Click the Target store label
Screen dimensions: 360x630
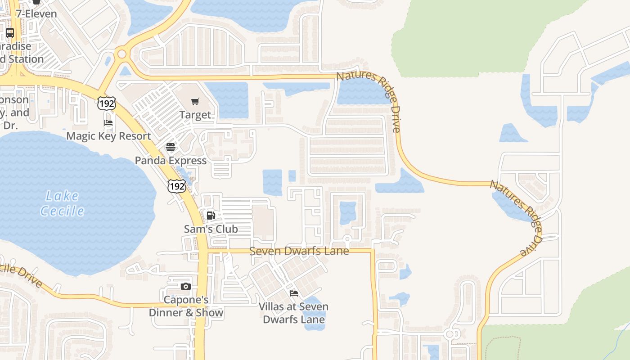(x=195, y=115)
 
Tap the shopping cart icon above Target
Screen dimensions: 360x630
(x=195, y=102)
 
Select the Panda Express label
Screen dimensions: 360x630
(x=171, y=161)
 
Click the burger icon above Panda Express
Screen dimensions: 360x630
(x=170, y=147)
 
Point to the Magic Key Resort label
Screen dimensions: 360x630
(x=108, y=136)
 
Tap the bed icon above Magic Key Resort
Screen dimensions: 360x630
(x=108, y=122)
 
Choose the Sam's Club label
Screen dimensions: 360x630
(x=211, y=229)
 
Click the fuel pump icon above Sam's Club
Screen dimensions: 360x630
(x=211, y=215)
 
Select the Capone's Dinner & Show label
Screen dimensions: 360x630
(x=186, y=306)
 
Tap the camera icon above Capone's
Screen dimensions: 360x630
(x=185, y=286)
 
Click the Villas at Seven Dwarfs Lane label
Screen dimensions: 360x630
(x=293, y=313)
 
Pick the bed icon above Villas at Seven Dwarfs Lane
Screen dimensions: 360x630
(x=293, y=293)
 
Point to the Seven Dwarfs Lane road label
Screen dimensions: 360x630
(x=299, y=251)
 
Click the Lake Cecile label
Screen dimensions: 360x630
(x=63, y=203)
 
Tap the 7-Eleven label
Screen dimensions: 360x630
(x=36, y=13)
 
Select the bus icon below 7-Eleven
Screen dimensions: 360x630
(x=9, y=32)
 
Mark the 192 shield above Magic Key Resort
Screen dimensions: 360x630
(x=106, y=103)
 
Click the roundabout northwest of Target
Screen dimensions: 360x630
(x=121, y=54)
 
